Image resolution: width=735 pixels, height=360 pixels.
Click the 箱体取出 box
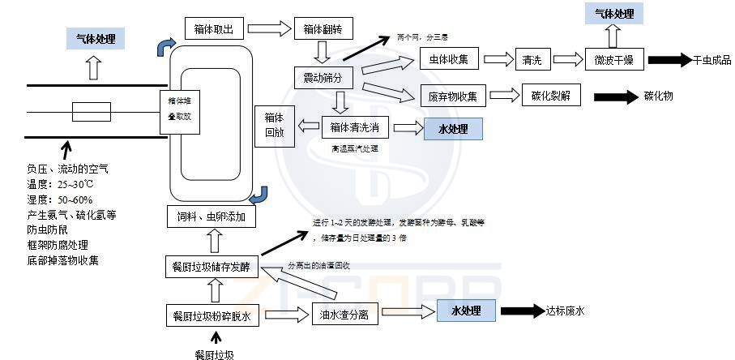[214, 30]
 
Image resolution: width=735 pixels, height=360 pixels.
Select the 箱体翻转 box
[324, 30]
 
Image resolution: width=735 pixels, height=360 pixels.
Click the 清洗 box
[532, 58]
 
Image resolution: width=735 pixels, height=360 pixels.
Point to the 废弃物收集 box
[453, 96]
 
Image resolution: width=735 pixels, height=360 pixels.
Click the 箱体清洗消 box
[356, 127]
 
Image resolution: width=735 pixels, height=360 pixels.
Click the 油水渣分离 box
[344, 315]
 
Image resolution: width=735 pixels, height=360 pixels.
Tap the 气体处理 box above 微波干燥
[614, 14]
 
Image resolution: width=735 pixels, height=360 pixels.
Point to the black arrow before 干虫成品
[668, 59]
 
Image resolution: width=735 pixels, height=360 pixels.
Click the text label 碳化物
[656, 96]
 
